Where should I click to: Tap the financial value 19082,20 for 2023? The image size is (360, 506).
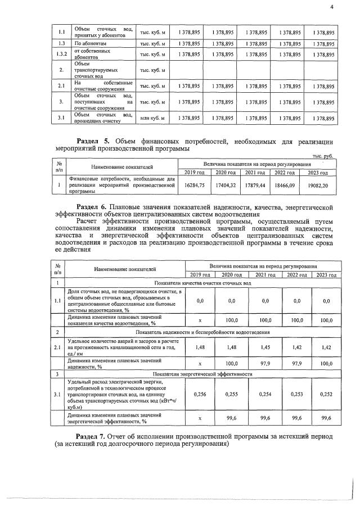(x=318, y=183)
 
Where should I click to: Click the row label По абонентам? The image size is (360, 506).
(x=90, y=43)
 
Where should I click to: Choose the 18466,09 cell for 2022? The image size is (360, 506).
(x=287, y=183)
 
